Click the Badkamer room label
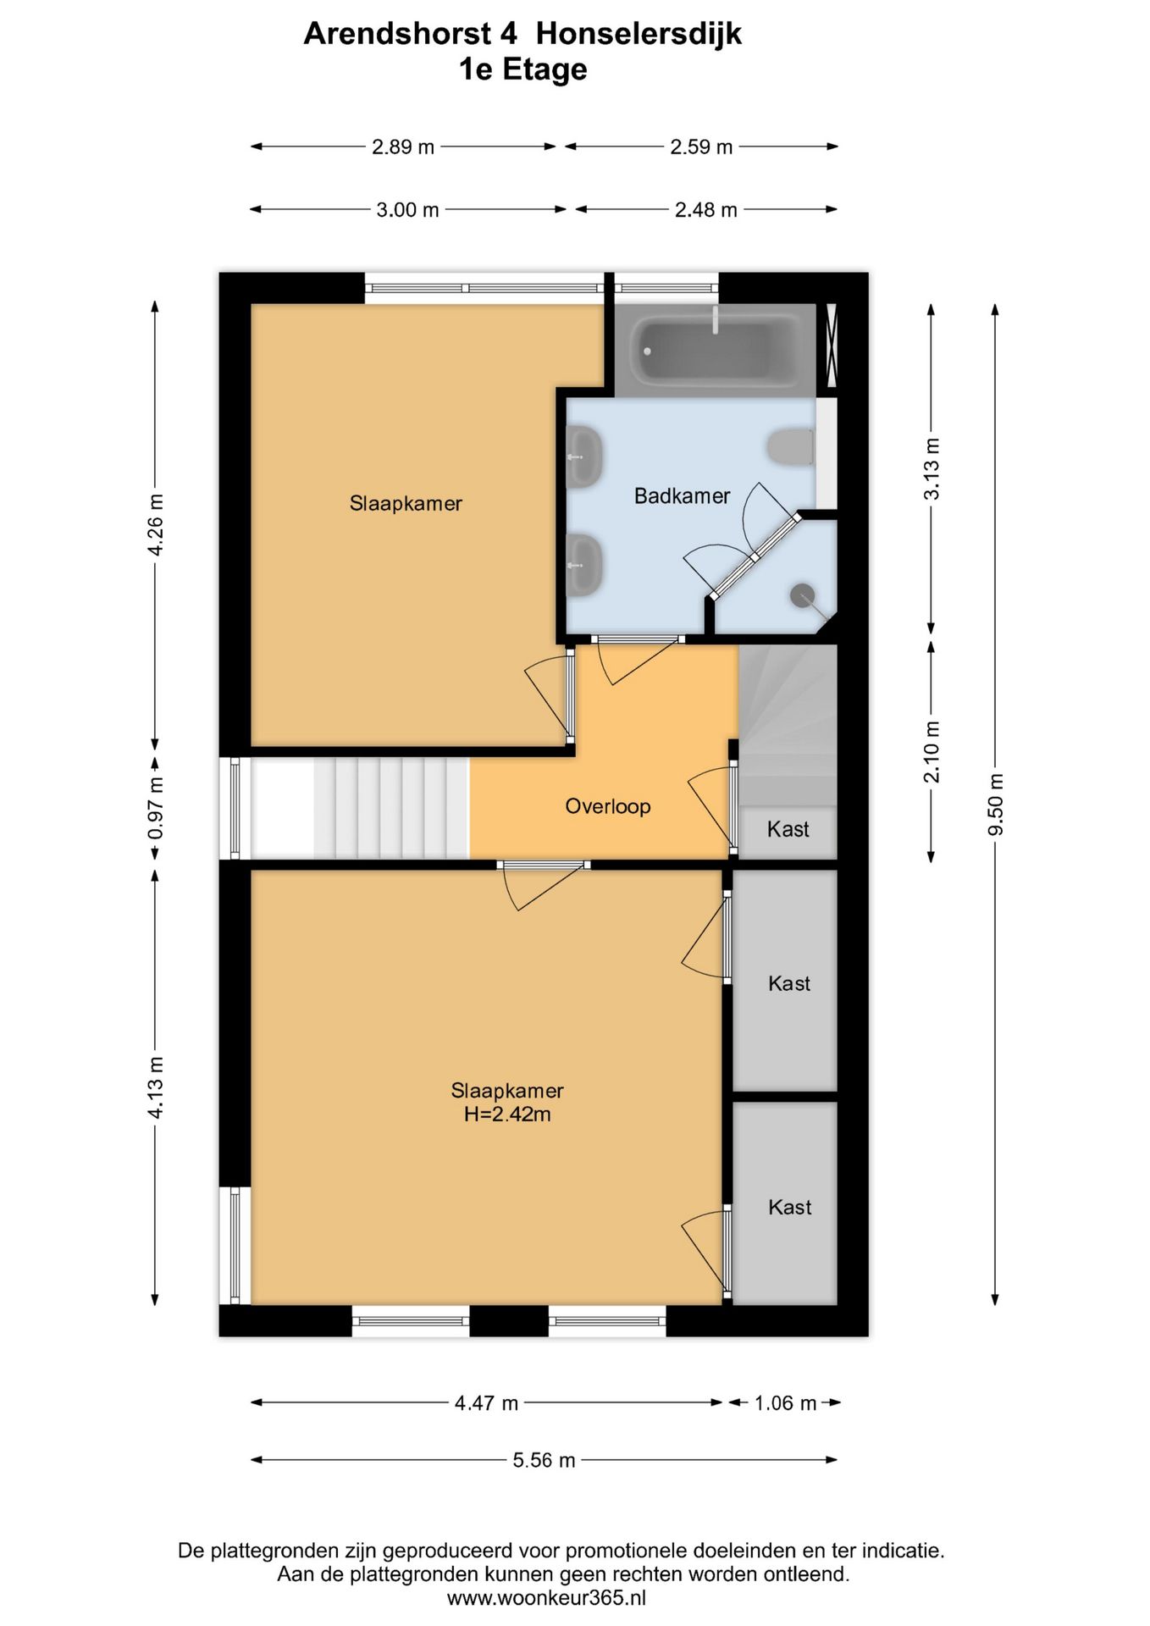point(682,495)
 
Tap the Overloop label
point(607,805)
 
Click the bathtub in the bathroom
point(716,349)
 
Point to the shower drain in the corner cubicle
point(802,595)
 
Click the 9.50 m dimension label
point(995,804)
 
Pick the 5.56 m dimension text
point(544,1459)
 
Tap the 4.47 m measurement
point(486,1402)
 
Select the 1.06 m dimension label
point(785,1402)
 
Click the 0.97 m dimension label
point(156,808)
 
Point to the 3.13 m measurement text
point(932,468)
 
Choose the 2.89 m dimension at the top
point(403,147)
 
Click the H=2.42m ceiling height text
point(507,1114)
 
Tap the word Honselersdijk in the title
point(639,33)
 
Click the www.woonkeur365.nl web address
point(546,1597)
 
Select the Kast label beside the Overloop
point(788,829)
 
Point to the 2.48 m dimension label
point(705,209)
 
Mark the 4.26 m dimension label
point(156,524)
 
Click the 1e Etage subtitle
point(522,69)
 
